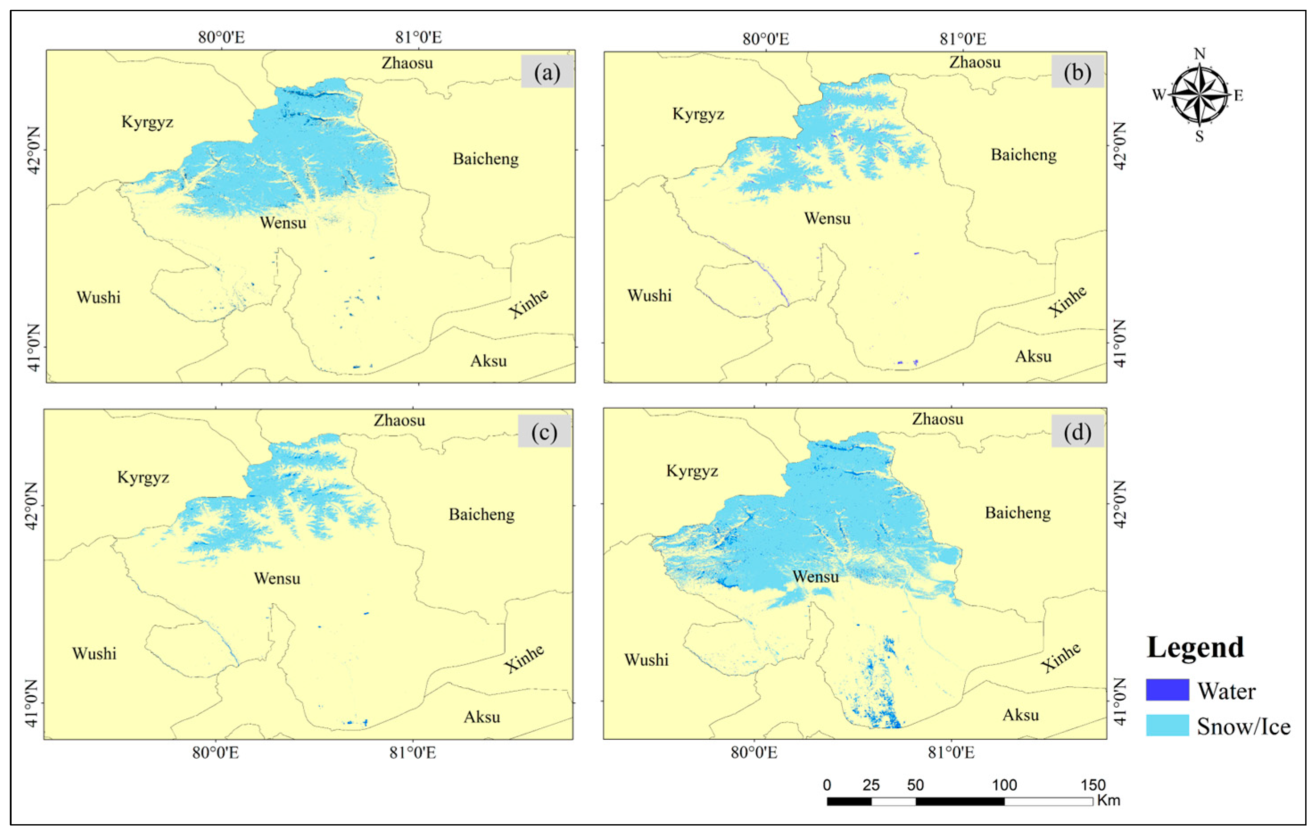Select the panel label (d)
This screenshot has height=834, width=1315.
1077,432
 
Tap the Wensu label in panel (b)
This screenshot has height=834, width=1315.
827,219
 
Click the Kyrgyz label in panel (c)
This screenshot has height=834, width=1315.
143,477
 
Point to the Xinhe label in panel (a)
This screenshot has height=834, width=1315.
528,304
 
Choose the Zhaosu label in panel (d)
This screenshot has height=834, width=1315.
937,419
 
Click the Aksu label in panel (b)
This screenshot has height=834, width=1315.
1033,357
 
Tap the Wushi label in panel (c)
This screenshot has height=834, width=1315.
94,653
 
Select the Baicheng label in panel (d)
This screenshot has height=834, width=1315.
1018,513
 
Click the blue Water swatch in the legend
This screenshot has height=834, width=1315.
1167,690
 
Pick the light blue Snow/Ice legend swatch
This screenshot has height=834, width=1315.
1167,725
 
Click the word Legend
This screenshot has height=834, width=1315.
1195,647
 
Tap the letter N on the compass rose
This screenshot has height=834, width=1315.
1199,54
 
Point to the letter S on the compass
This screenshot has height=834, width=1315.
1199,137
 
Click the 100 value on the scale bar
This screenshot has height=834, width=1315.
1004,785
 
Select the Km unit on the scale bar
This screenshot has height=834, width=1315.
1108,801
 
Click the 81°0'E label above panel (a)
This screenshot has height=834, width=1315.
418,37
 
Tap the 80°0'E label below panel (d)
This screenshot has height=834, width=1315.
754,753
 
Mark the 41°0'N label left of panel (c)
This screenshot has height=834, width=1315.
32,703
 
